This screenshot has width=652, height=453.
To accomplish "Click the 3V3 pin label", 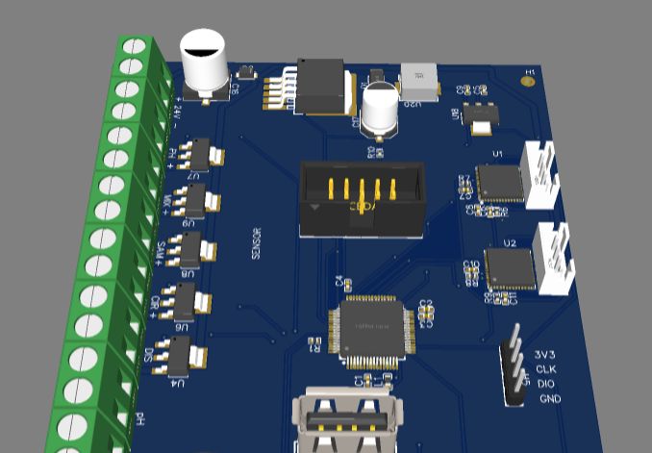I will coord(545,354).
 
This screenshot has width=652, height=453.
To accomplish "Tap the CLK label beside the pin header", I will coord(546,368).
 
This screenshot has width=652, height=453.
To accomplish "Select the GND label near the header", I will coord(549,398).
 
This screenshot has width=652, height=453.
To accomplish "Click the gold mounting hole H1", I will coord(527,83).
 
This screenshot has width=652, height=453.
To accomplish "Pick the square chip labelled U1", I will coord(500,183).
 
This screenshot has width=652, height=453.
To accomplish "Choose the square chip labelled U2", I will coord(510,269).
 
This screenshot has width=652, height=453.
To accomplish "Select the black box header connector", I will coord(361,198).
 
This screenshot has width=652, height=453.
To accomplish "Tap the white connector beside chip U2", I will coord(555,258).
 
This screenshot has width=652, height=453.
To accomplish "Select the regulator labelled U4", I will coord(184,358).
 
